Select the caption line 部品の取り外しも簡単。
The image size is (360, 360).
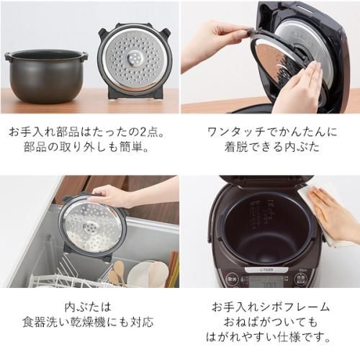tap(89, 148)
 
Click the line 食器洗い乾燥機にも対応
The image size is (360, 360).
tap(89, 321)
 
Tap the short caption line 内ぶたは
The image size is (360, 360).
tap(89, 306)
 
